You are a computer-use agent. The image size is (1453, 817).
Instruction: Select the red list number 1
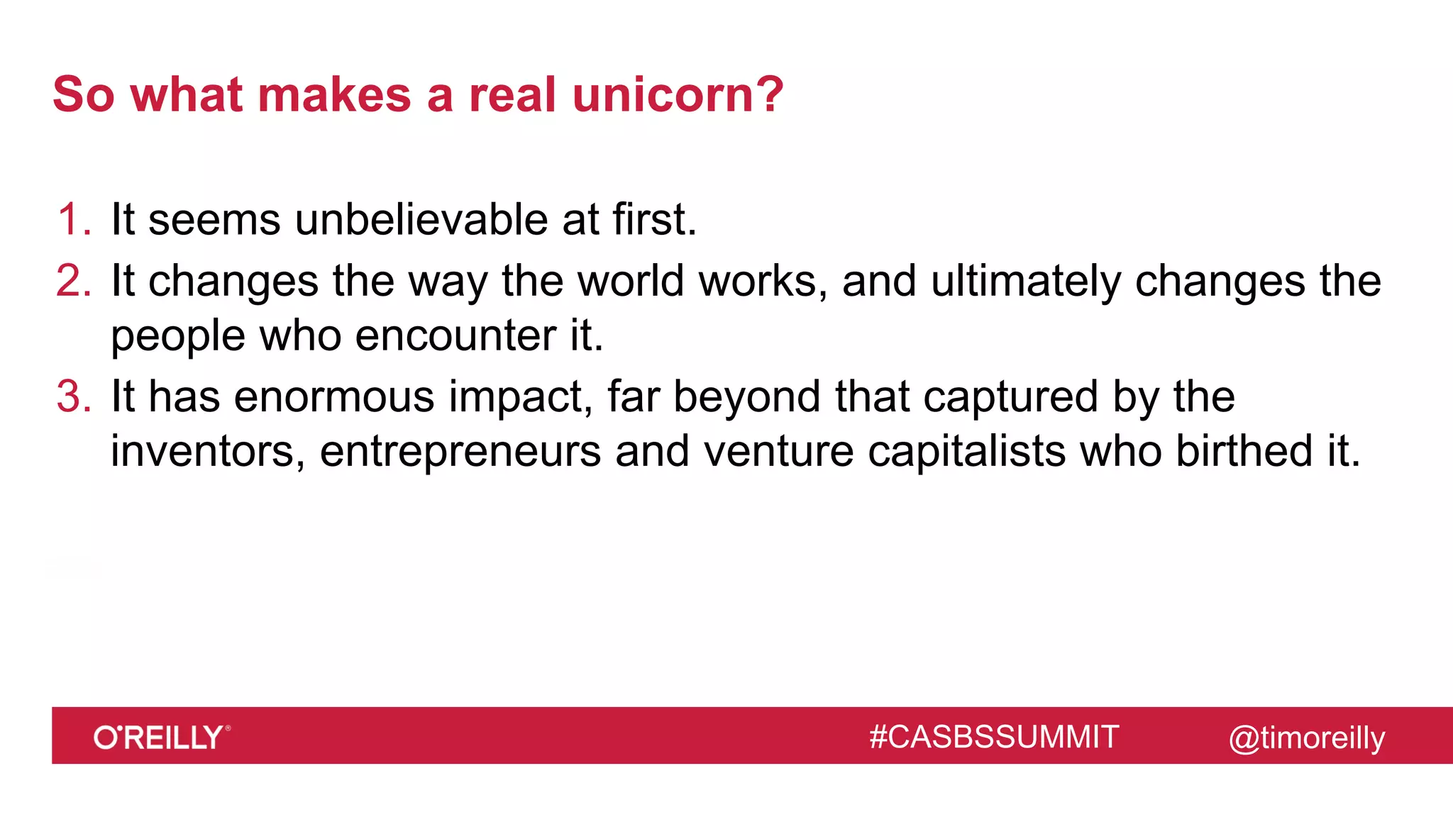tap(70, 219)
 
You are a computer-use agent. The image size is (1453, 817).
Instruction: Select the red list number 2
tap(72, 281)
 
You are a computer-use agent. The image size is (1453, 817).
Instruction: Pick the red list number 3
tap(72, 396)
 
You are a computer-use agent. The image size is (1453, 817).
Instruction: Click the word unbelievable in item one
tap(421, 219)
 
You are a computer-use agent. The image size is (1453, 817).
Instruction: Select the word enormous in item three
tap(334, 396)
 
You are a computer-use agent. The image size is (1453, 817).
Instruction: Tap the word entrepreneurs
tap(460, 452)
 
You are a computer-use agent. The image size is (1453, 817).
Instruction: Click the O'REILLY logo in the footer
tap(162, 738)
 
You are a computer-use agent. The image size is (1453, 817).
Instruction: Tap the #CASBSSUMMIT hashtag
tap(994, 738)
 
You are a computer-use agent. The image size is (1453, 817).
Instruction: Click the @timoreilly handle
tap(1306, 738)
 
